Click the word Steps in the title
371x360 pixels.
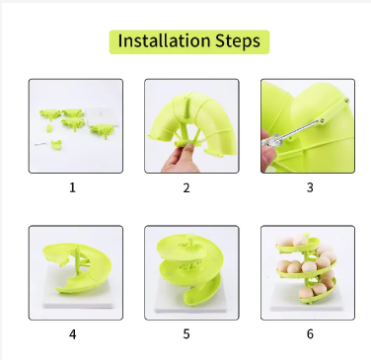pos(233,41)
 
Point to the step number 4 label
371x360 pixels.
pos(71,333)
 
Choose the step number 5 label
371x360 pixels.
pos(185,333)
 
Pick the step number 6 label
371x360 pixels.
pos(309,333)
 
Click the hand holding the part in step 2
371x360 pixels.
pos(179,156)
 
